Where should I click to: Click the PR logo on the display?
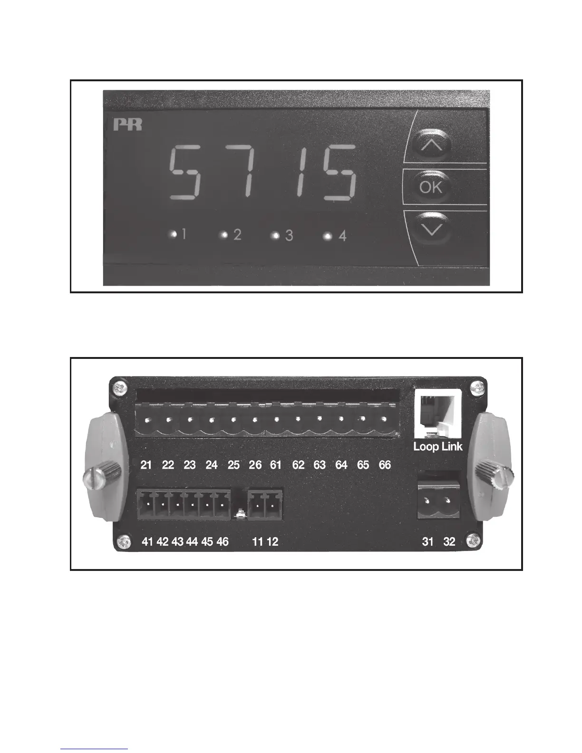click(x=127, y=126)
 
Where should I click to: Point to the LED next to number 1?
click(x=174, y=234)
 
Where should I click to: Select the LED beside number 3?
click(x=274, y=235)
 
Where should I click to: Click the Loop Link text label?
click(x=437, y=447)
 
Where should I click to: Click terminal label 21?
click(x=146, y=465)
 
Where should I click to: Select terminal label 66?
click(x=385, y=465)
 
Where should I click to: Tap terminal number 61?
click(x=276, y=465)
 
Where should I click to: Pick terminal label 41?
click(x=147, y=542)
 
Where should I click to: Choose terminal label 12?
click(x=272, y=542)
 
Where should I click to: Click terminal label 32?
click(x=449, y=542)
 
